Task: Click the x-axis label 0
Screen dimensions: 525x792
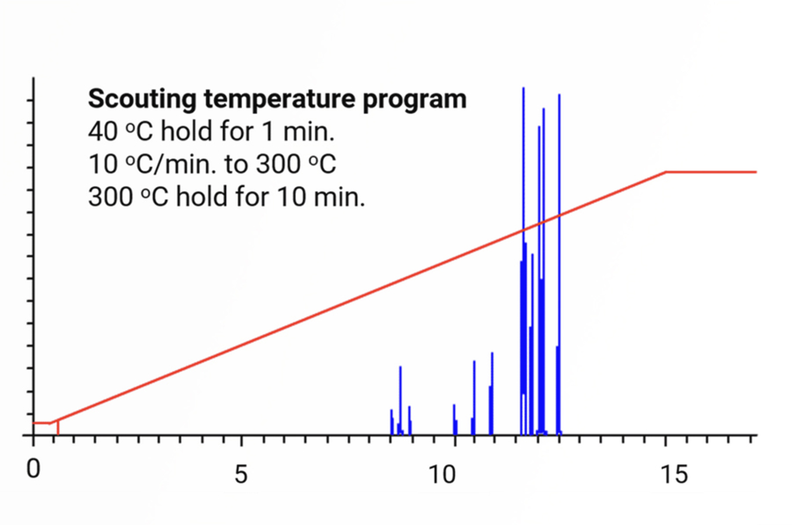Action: [x=33, y=469]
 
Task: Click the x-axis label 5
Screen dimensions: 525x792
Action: [x=241, y=474]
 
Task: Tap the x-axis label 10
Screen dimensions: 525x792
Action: [x=442, y=474]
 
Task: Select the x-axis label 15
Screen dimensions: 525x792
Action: [x=674, y=474]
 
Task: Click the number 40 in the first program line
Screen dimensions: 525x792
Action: [x=103, y=132]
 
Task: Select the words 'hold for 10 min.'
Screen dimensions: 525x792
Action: [x=270, y=197]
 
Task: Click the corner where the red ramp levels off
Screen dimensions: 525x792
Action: [x=666, y=172]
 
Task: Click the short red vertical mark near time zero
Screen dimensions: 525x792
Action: [x=58, y=427]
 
